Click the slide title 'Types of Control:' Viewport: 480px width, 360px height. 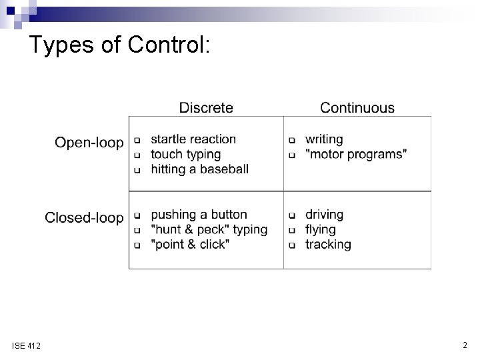point(120,45)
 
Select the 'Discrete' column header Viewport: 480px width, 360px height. point(206,107)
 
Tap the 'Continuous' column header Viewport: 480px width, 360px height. point(357,107)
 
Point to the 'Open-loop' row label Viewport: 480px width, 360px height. point(89,142)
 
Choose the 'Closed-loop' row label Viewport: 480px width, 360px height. point(84,217)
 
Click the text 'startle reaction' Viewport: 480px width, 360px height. point(193,139)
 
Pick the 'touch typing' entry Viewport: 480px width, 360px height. point(185,154)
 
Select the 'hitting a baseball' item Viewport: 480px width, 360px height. point(199,169)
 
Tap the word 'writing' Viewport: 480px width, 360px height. point(324,139)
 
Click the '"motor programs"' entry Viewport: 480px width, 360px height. point(357,154)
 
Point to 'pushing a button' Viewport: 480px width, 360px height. point(199,215)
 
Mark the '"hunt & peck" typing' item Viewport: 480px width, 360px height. point(209,229)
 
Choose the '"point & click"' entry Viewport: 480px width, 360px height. point(190,245)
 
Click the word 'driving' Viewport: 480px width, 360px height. point(324,215)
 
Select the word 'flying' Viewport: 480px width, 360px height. point(320,229)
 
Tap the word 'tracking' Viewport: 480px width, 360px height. point(328,245)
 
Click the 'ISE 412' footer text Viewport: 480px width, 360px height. point(26,346)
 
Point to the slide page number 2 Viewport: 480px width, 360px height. point(465,345)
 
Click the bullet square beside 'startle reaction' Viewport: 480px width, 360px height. point(137,141)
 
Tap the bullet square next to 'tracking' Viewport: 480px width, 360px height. point(291,245)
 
